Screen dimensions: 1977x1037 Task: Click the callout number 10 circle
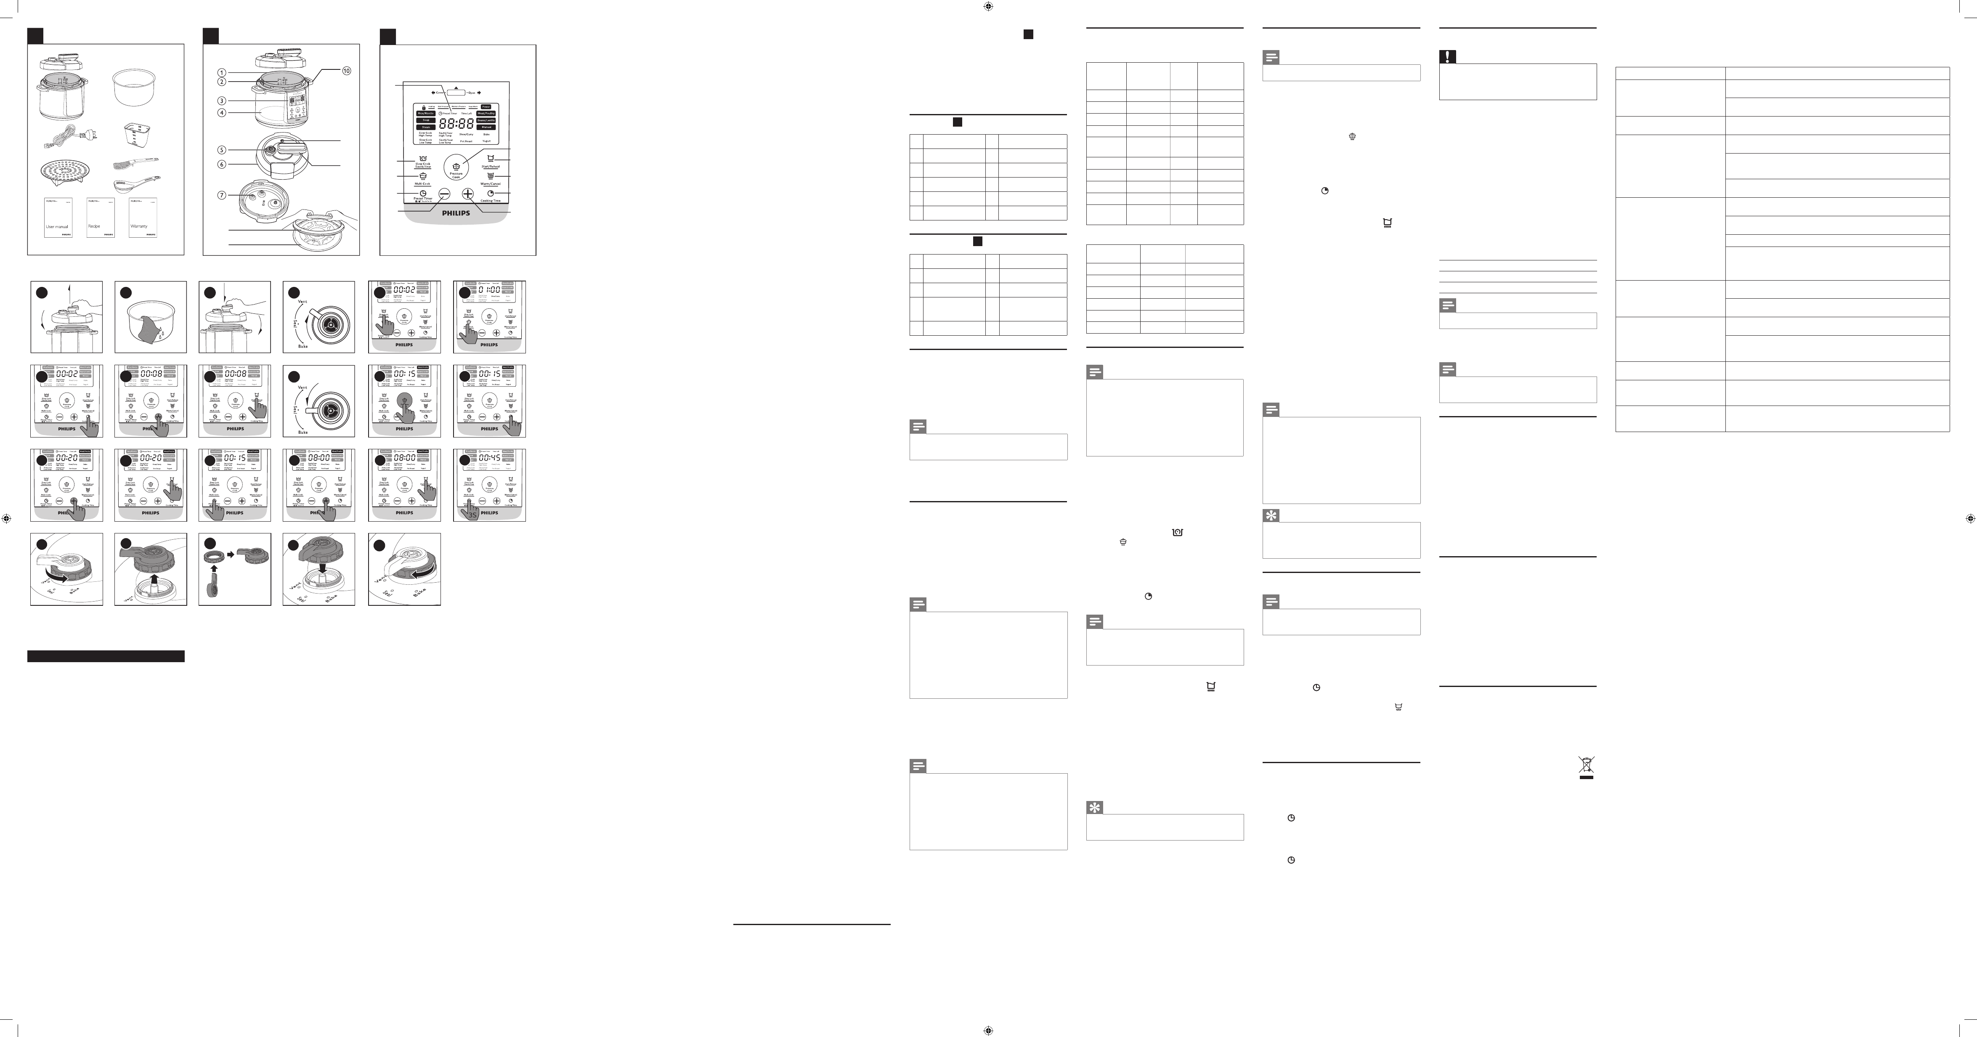click(x=346, y=71)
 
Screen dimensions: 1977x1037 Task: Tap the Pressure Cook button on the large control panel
click(x=456, y=168)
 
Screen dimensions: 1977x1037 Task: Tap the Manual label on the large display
click(x=486, y=127)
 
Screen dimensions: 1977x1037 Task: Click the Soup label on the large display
click(x=425, y=120)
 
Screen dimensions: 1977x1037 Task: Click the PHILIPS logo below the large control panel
click(x=456, y=213)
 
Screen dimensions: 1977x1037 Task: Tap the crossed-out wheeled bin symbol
click(x=1586, y=766)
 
